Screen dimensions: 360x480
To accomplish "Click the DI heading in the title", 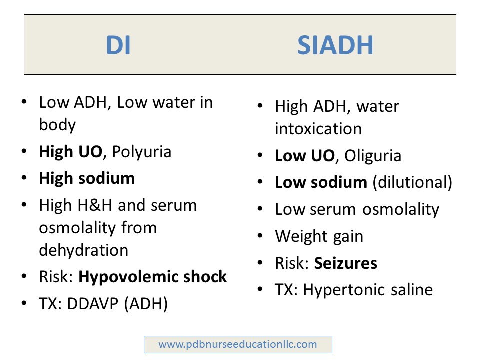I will (118, 46).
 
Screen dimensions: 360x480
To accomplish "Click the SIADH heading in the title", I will (335, 46).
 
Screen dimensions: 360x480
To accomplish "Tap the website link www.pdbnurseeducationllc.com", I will (238, 344).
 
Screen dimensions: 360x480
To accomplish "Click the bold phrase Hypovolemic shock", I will (153, 276).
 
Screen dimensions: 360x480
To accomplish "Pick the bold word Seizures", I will (346, 263).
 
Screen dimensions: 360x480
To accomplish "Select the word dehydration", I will (83, 250).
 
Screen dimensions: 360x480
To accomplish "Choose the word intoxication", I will (318, 129).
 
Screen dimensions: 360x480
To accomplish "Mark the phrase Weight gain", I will (319, 236).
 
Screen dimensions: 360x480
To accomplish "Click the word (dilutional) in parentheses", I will (412, 182).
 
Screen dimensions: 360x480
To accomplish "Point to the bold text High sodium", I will (87, 178).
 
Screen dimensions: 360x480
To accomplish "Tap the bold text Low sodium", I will (321, 182).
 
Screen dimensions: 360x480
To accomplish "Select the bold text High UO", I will (71, 151).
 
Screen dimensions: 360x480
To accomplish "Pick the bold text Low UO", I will (304, 156).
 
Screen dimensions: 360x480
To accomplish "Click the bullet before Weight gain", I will (260, 236).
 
